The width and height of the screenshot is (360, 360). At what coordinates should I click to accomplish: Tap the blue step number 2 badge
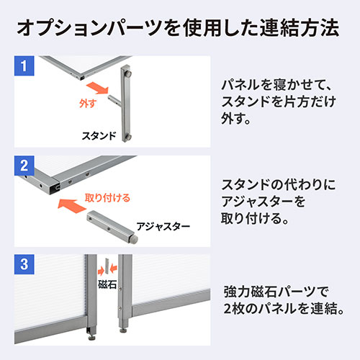(x=24, y=166)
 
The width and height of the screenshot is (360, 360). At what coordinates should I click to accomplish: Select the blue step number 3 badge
(x=24, y=264)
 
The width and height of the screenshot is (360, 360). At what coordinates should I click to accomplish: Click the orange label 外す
(x=85, y=103)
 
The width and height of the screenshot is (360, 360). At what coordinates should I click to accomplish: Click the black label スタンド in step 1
(x=98, y=135)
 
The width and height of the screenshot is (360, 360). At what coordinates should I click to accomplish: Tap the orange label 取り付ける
(x=107, y=196)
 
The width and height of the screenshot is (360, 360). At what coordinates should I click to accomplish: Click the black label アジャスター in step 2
(x=163, y=226)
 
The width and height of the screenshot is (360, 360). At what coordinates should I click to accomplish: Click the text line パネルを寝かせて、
(x=276, y=84)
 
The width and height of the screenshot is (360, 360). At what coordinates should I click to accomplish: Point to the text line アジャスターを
(x=264, y=199)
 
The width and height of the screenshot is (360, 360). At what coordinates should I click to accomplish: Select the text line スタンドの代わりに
(x=276, y=182)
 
